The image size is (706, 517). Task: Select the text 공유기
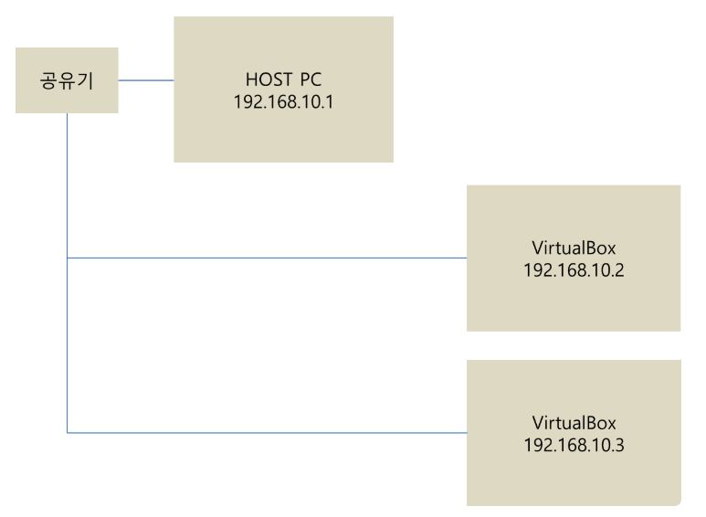click(x=67, y=80)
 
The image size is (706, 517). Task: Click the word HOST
click(x=268, y=79)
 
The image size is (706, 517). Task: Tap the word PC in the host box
click(x=310, y=79)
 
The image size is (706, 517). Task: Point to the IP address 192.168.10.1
click(x=283, y=100)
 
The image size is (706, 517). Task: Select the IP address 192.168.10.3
click(x=574, y=445)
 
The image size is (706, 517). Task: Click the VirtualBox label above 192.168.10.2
click(x=574, y=248)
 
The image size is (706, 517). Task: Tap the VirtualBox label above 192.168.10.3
click(x=574, y=423)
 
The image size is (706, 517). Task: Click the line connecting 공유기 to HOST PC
click(x=146, y=80)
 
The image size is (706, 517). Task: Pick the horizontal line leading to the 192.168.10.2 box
click(x=274, y=258)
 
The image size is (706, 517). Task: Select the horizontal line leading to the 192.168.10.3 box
click(x=274, y=433)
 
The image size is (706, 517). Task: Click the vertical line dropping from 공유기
click(x=68, y=183)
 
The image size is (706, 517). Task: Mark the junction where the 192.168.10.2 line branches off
click(x=68, y=258)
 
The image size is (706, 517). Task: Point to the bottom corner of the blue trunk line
click(x=68, y=433)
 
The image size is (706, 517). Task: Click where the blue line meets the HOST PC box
click(x=174, y=80)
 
